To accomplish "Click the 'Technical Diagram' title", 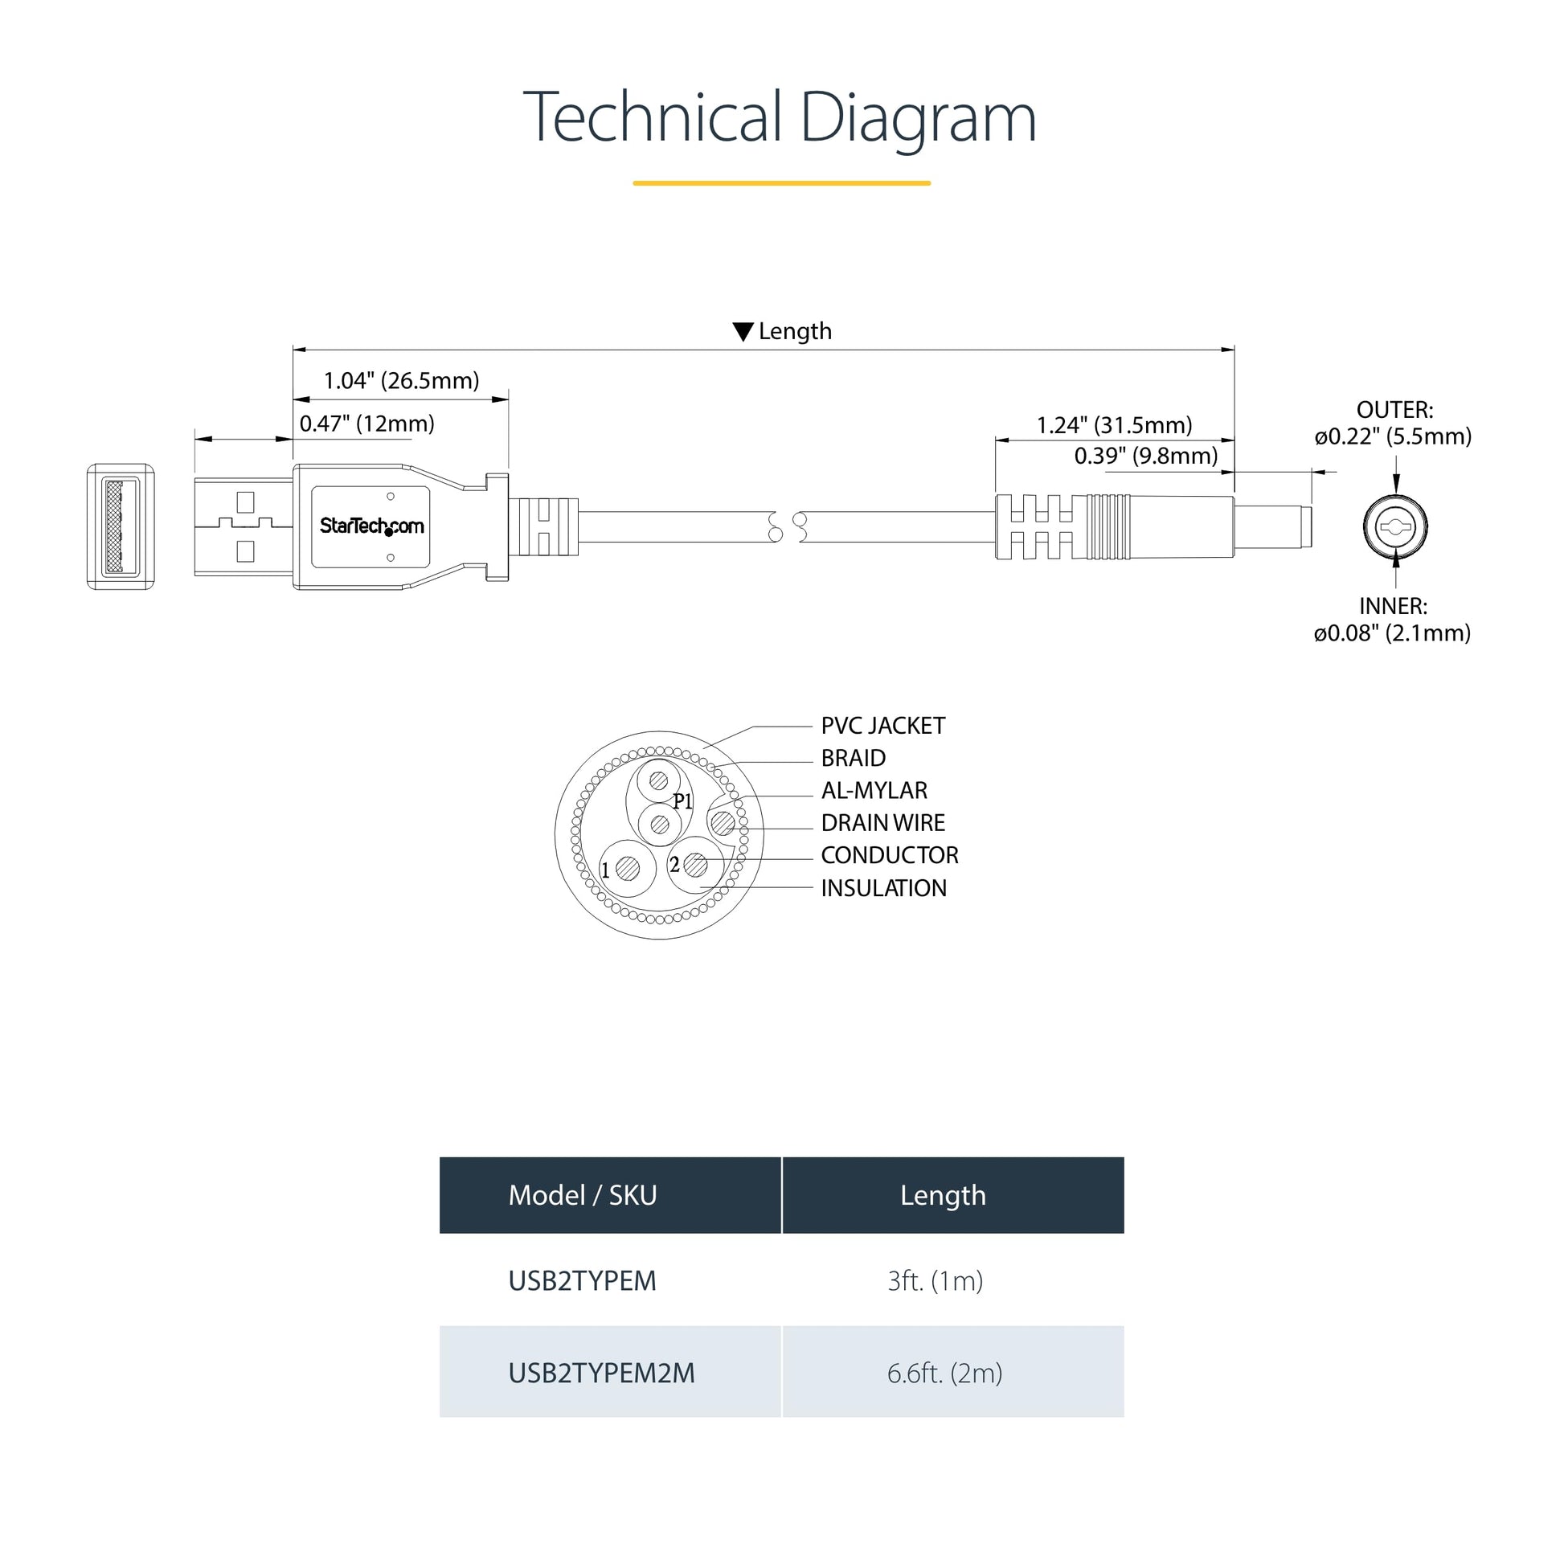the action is point(780,118).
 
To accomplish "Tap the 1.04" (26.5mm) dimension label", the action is point(402,380).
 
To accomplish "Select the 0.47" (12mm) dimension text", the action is point(366,424).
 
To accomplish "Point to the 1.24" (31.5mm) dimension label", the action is point(1115,425).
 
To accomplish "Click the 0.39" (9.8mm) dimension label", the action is point(1146,456).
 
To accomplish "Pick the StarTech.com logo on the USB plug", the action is point(371,526).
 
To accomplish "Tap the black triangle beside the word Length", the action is point(743,332).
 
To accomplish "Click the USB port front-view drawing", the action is point(121,527).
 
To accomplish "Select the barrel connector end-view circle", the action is point(1394,528).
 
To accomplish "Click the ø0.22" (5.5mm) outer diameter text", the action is point(1393,436).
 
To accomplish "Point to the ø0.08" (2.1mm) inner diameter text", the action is point(1392,633).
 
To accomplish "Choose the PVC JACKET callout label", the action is point(883,727).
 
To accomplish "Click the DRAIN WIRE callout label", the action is point(883,823).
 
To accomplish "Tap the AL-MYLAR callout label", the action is point(874,791).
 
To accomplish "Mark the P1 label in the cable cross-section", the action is point(683,801).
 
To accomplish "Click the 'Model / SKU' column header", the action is point(583,1195).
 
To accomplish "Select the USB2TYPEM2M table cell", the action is point(601,1373).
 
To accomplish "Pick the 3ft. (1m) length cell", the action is point(936,1280).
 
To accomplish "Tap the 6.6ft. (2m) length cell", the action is point(944,1373).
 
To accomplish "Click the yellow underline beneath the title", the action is point(782,183).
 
